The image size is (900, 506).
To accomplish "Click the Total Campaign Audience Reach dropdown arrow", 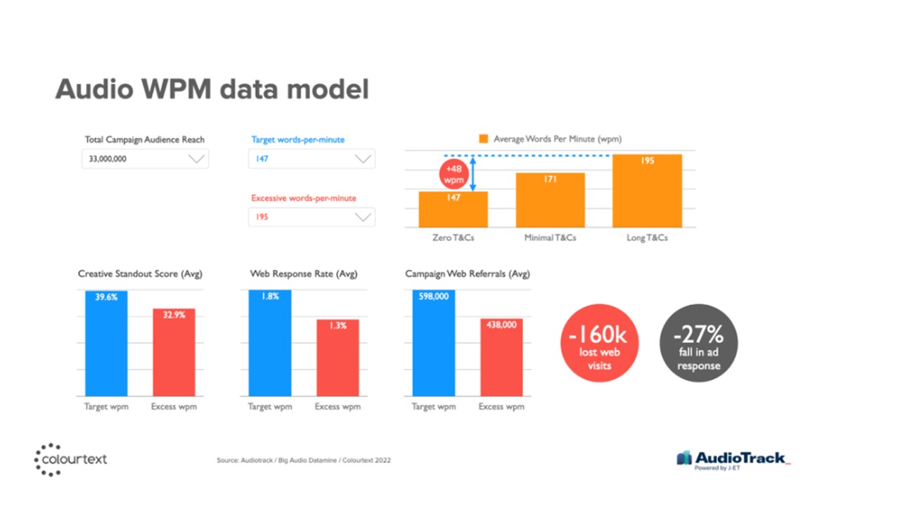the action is [x=196, y=159].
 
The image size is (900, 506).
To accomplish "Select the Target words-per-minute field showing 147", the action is [x=311, y=159].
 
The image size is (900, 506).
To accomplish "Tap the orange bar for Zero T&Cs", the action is [x=454, y=209].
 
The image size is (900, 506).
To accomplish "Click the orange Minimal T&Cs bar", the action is [x=551, y=200].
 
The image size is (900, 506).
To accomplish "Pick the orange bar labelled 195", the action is [x=648, y=190].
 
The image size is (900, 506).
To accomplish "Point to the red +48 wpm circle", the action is [x=454, y=174].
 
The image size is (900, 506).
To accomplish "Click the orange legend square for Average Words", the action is [x=483, y=138].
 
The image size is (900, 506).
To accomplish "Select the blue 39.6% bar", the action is [x=106, y=344].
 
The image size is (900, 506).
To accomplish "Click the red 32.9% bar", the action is [x=174, y=352].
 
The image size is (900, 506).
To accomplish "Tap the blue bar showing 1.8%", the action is [x=270, y=343].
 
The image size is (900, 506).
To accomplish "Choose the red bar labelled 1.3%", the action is [x=338, y=358].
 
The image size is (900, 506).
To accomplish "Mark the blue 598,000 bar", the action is [x=434, y=343].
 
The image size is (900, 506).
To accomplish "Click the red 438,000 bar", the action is [x=501, y=358].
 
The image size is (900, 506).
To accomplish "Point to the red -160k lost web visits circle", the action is [x=600, y=343].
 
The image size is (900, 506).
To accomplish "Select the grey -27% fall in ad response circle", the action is [x=699, y=343].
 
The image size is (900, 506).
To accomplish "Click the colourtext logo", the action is [x=71, y=460].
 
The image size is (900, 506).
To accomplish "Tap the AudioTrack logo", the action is [x=733, y=460].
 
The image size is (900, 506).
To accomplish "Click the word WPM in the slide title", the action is [x=176, y=89].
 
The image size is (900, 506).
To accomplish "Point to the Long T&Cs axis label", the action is [x=648, y=238].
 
